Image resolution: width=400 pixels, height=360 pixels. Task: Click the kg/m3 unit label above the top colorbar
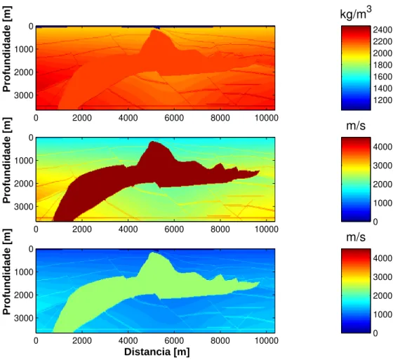click(356, 13)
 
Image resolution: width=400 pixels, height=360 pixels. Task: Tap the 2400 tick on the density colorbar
click(382, 30)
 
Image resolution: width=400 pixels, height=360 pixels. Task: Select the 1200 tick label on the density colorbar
click(382, 100)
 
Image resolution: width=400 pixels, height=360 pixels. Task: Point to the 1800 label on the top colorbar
click(382, 65)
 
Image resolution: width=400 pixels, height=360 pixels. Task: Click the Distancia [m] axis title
click(157, 352)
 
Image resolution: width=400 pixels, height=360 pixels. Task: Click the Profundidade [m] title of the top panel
click(6, 48)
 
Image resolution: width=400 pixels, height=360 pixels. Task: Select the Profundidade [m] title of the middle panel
click(6, 160)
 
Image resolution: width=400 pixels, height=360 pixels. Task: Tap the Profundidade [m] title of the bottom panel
click(6, 272)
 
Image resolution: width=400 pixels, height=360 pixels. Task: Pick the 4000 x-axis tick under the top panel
click(128, 118)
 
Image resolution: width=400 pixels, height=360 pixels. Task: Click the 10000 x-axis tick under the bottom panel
click(267, 340)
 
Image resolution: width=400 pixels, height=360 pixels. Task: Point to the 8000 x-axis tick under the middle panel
click(220, 229)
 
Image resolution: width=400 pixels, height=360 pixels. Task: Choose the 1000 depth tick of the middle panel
click(24, 161)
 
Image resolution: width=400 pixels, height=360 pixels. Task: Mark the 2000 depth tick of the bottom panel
click(24, 295)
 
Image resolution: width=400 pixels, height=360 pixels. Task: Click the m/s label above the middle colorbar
click(356, 126)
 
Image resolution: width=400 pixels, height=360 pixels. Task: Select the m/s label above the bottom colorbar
click(356, 237)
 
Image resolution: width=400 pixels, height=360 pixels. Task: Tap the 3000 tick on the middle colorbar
click(382, 166)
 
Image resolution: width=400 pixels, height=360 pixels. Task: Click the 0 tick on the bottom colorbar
click(375, 333)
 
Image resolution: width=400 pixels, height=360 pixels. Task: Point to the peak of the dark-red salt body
click(152, 141)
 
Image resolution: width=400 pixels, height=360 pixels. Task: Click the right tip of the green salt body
click(259, 282)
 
